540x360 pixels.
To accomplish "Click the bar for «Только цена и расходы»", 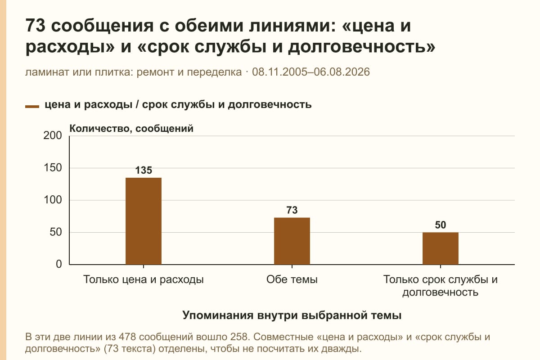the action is (x=144, y=221).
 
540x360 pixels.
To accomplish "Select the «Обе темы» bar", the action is (x=292, y=241).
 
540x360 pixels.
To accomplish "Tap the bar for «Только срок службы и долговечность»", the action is (x=441, y=248).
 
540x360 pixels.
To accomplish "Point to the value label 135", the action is (x=144, y=170).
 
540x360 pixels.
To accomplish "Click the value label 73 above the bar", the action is (x=292, y=210).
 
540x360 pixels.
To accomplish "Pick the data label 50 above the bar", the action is (x=441, y=225).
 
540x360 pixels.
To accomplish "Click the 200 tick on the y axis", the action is (x=53, y=135).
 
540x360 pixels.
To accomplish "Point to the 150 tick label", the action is (x=53, y=168).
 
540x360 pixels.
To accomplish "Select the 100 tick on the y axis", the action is (x=53, y=200).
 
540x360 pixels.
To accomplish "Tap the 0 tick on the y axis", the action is (x=59, y=264).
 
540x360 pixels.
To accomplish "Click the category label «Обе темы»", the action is (x=292, y=279).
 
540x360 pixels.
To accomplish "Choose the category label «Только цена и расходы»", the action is (x=144, y=280).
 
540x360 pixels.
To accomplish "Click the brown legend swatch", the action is (x=32, y=107).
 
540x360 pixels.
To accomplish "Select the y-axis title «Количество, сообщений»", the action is (x=131, y=129).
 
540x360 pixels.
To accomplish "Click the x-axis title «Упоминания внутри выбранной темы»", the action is (x=292, y=315).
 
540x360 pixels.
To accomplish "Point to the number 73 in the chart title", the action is (x=35, y=26).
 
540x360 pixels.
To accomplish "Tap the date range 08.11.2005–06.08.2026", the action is (x=311, y=72).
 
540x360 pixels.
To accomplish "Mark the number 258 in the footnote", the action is (x=239, y=337).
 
